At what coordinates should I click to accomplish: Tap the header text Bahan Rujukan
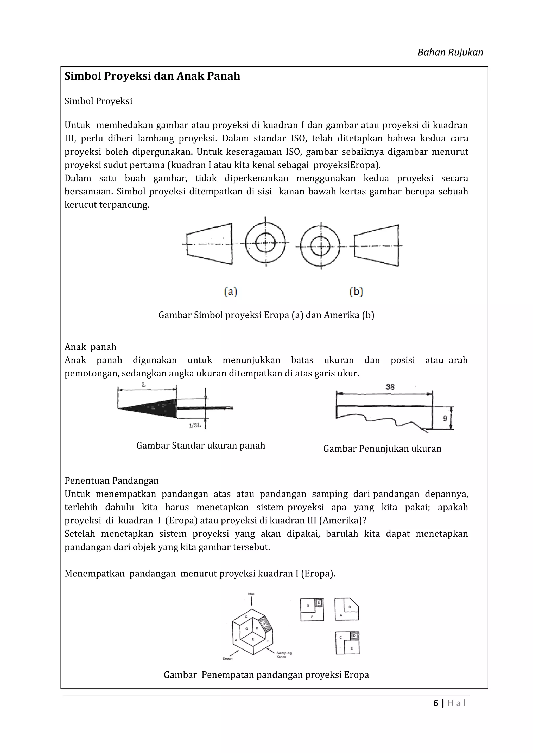click(x=450, y=53)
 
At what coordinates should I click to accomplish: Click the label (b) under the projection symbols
click(x=356, y=291)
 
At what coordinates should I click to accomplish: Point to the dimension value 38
click(x=390, y=387)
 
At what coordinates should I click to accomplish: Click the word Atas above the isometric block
click(x=251, y=594)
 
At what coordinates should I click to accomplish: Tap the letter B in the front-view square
click(x=350, y=607)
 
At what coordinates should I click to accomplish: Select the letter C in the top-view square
click(x=341, y=638)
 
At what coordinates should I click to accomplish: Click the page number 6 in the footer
click(x=436, y=703)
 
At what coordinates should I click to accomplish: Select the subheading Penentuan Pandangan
click(x=112, y=481)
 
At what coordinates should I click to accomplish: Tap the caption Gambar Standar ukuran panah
click(x=201, y=445)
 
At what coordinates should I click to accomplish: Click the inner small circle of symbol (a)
click(x=265, y=243)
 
